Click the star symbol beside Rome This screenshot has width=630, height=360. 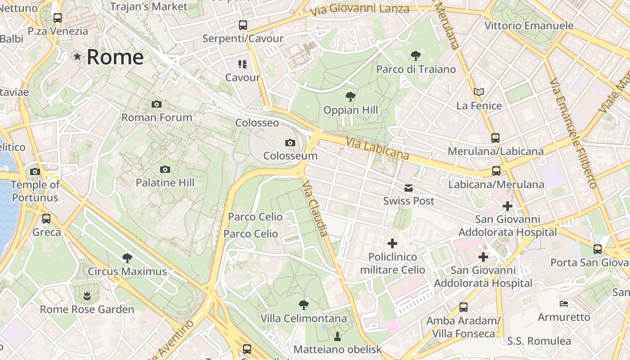click(x=78, y=57)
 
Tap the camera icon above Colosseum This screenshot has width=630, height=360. click(x=290, y=143)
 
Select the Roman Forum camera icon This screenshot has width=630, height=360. click(x=157, y=104)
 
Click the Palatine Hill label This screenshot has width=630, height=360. click(x=165, y=183)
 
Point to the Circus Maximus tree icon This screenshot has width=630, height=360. click(x=127, y=258)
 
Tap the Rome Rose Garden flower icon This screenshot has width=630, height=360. click(x=86, y=296)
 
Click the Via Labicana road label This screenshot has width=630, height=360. click(x=377, y=148)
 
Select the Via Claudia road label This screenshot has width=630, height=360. click(x=315, y=209)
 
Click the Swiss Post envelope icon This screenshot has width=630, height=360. click(x=409, y=188)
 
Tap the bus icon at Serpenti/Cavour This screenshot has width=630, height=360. click(x=243, y=25)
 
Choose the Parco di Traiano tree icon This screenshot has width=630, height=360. click(x=416, y=56)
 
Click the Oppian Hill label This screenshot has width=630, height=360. click(x=351, y=110)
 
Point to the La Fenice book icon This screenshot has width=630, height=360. click(x=479, y=92)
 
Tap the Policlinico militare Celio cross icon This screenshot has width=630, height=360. click(x=392, y=243)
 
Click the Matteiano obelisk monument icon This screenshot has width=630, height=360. click(x=337, y=336)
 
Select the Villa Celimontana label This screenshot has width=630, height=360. click(x=304, y=319)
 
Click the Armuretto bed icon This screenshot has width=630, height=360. click(x=563, y=304)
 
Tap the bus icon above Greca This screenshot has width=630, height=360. click(x=46, y=219)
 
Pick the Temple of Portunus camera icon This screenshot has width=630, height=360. click(x=35, y=171)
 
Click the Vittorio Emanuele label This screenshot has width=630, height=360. click(x=529, y=26)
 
